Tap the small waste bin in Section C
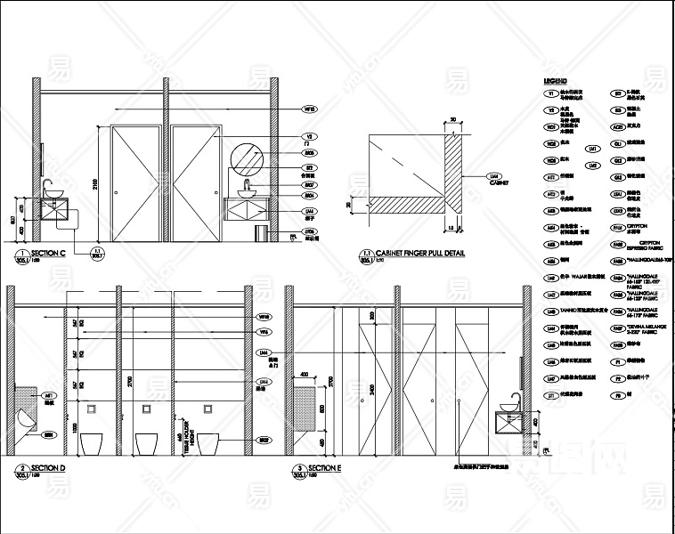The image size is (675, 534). coord(261,232)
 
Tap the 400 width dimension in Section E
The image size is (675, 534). coord(305,374)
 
